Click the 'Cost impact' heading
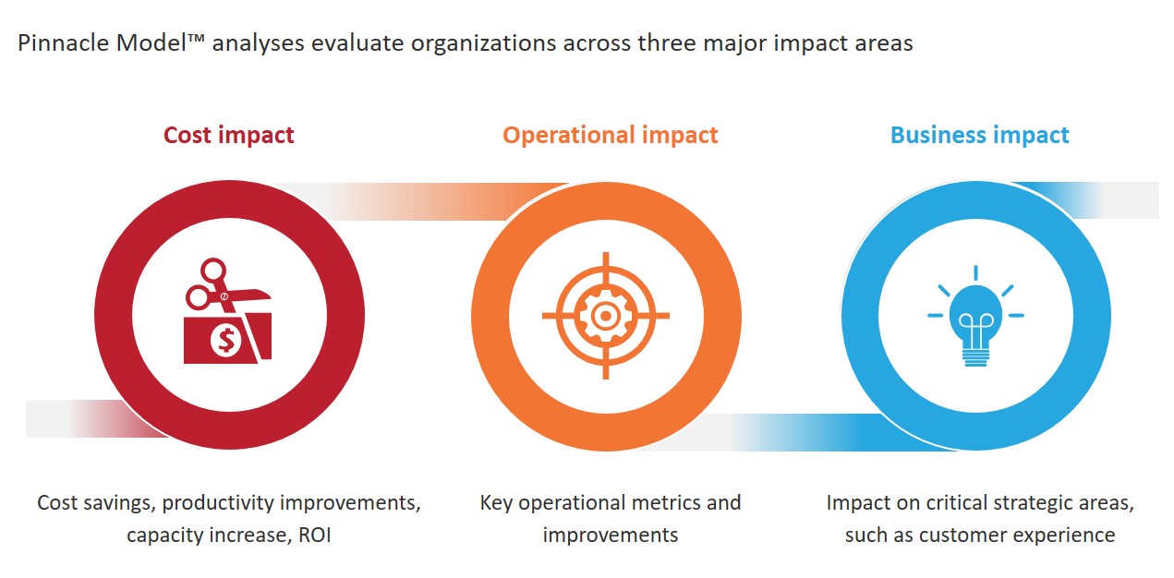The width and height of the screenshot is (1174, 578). pos(228,135)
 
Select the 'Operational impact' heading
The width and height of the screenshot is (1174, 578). pos(610,135)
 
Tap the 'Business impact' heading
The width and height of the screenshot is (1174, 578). pos(979,135)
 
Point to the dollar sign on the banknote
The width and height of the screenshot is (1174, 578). pos(226,340)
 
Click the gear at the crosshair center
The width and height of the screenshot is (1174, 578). pos(605,316)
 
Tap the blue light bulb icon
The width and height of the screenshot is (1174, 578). pos(975,316)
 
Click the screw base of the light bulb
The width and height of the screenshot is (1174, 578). pos(975,357)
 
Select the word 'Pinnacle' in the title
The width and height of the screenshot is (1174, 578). pos(63,43)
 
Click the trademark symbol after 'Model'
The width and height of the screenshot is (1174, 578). pos(195,38)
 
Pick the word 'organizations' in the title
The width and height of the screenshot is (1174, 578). pos(483,44)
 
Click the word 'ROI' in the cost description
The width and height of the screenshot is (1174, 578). pos(314,536)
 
